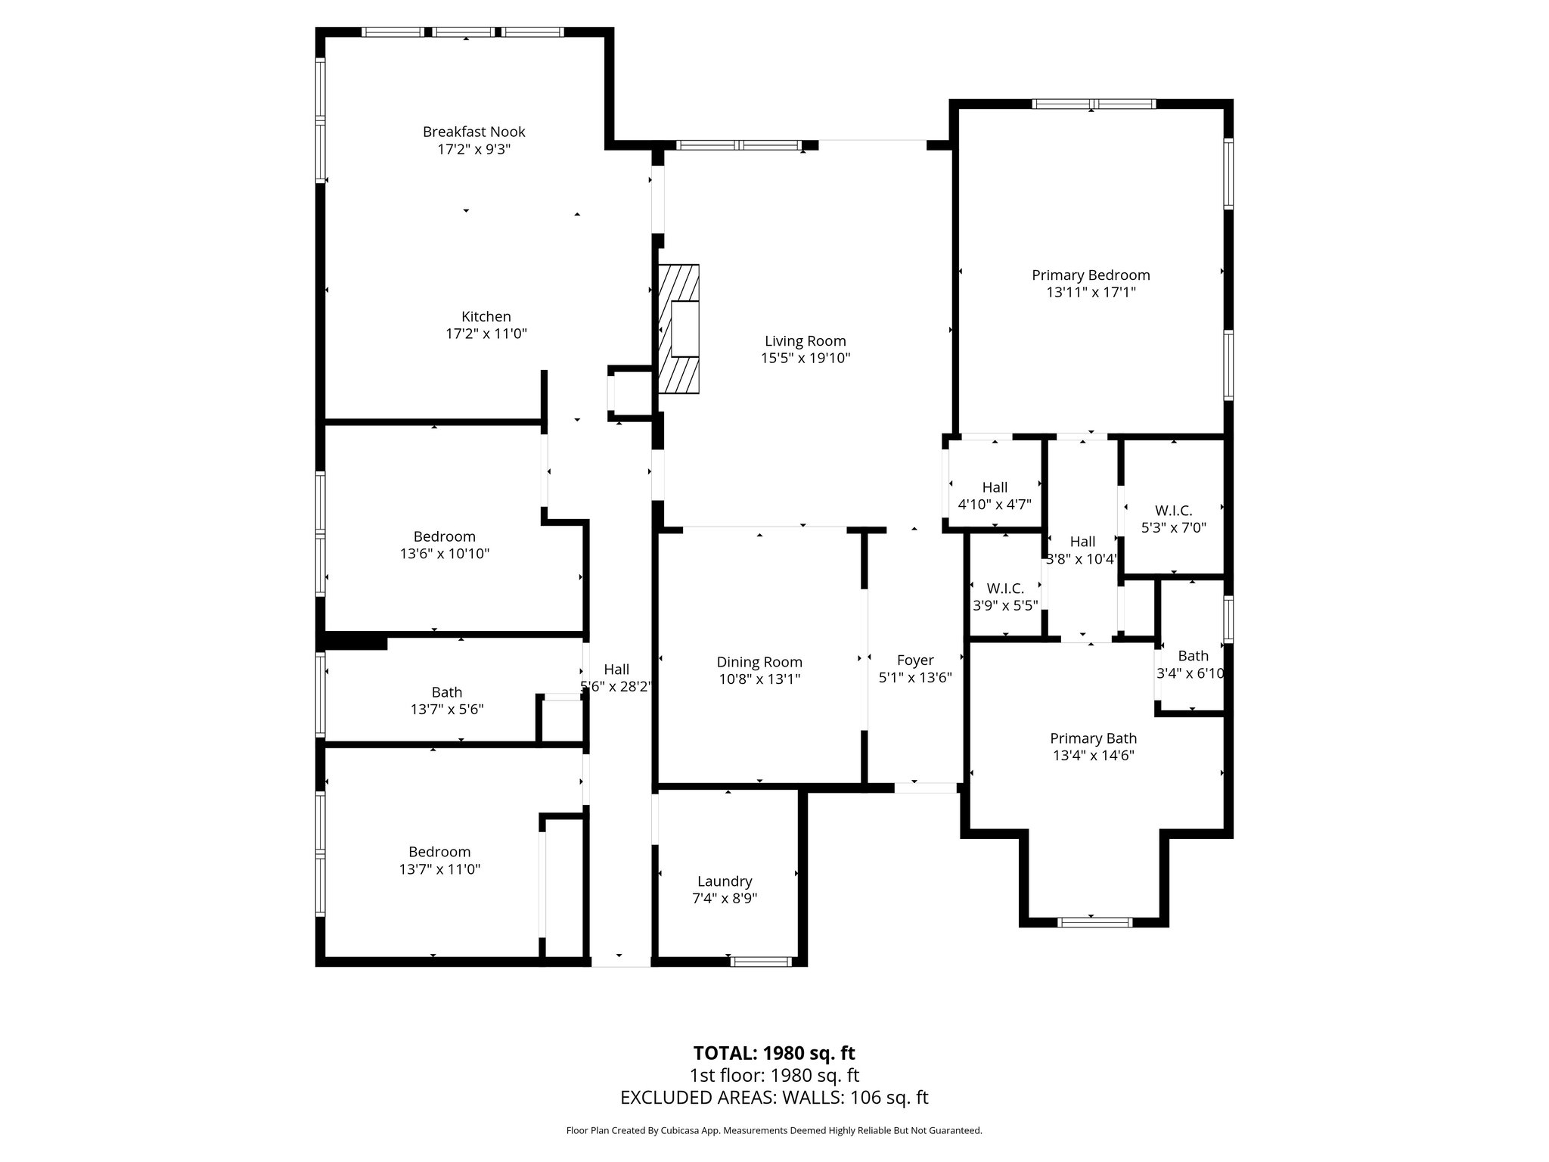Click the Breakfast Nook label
(473, 132)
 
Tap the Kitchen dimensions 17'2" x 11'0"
(486, 334)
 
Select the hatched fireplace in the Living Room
(678, 328)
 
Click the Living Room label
(805, 341)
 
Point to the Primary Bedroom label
(1091, 275)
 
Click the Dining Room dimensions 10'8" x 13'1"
(759, 679)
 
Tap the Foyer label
(915, 660)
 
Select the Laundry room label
(724, 881)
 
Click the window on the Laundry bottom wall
(761, 962)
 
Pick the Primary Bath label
(1093, 738)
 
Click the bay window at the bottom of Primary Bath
(1094, 921)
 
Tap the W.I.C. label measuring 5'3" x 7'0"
(1173, 511)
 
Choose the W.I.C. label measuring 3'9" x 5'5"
(1005, 589)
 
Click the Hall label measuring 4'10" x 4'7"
(995, 488)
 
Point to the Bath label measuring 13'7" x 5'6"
(446, 692)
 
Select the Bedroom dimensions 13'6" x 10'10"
(445, 554)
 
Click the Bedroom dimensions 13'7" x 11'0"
(439, 870)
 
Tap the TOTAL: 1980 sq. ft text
(774, 1053)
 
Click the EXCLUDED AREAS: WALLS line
(774, 1098)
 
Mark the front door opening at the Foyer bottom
(925, 788)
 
